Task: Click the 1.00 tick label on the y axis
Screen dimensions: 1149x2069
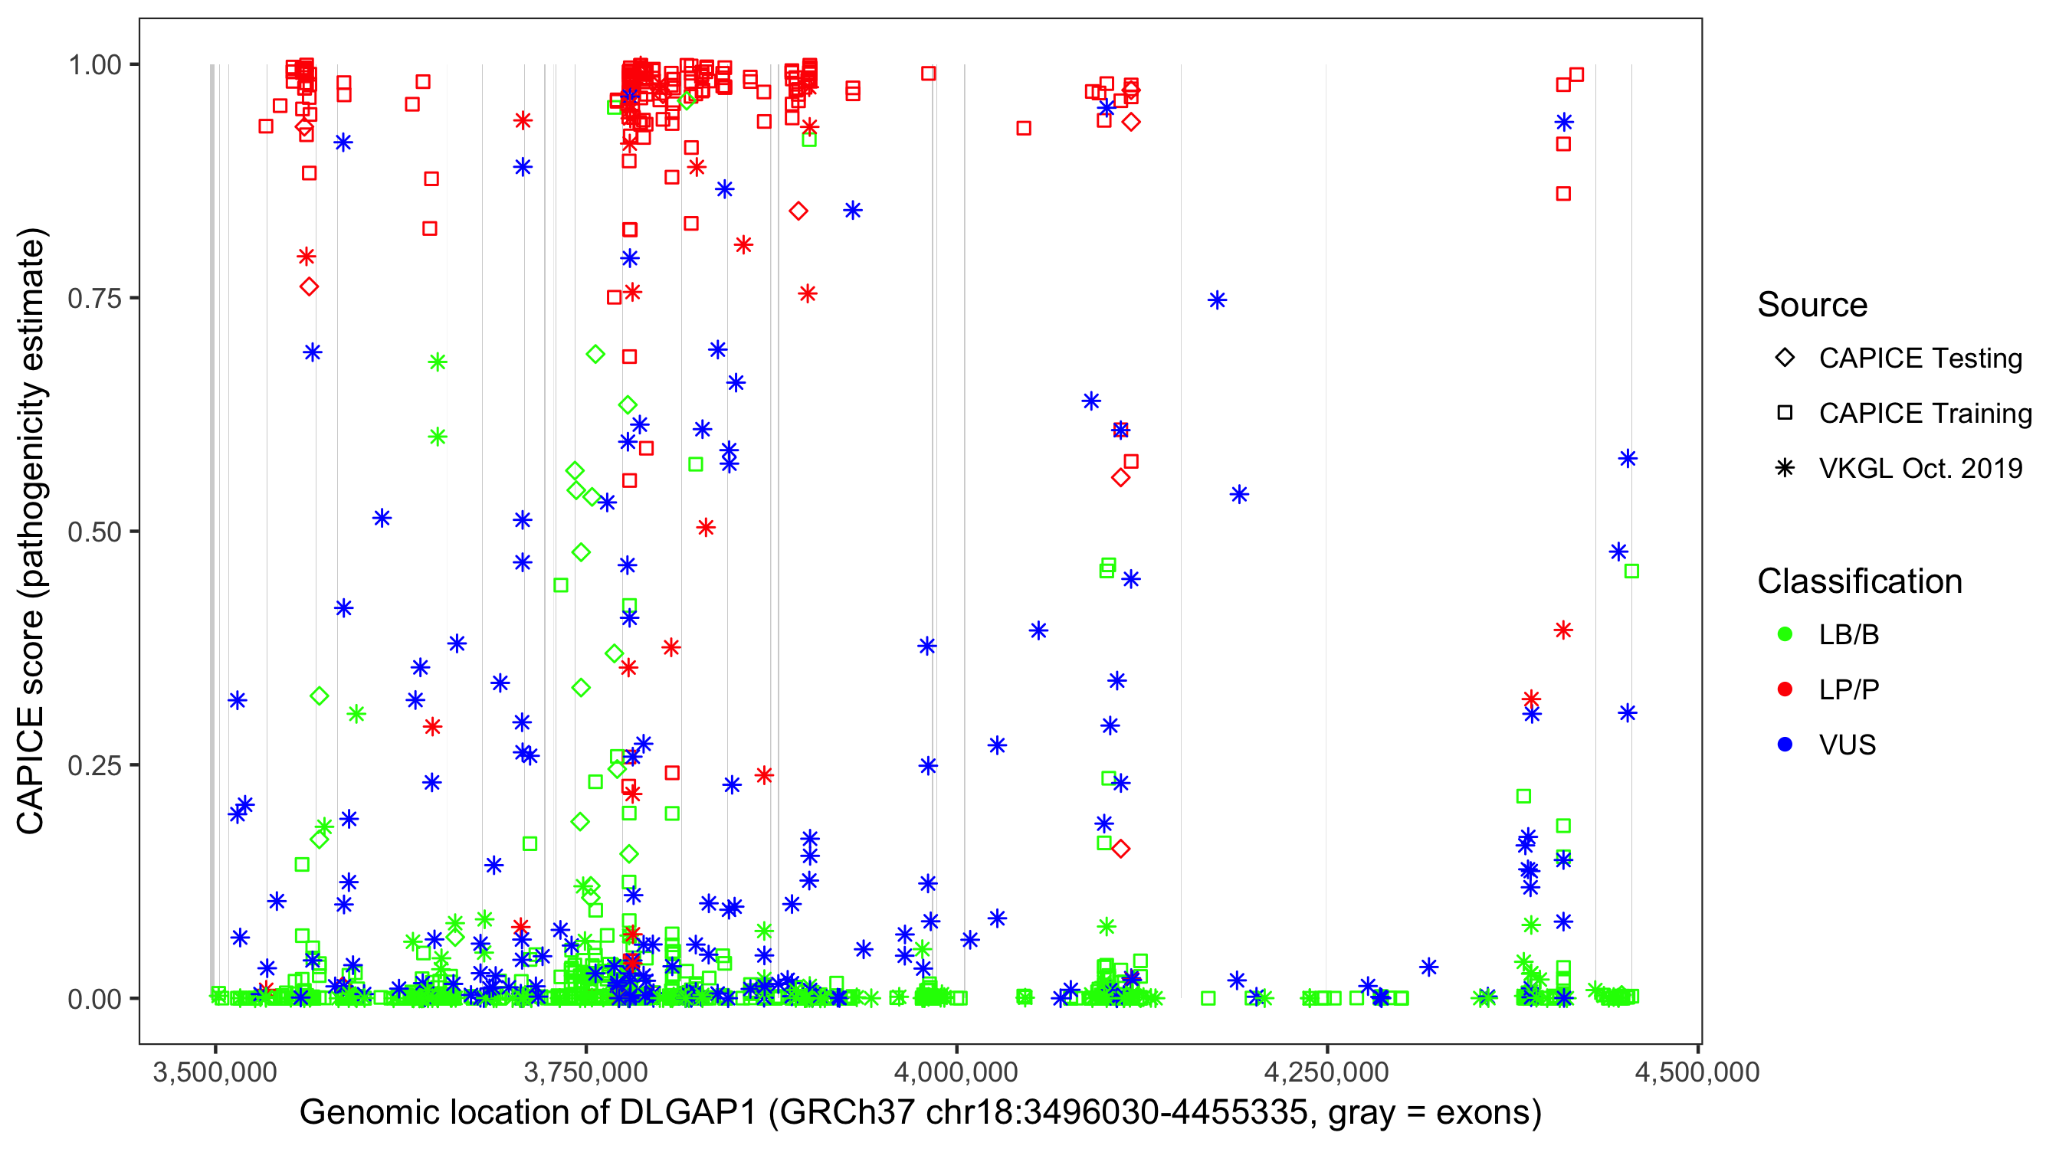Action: tap(94, 65)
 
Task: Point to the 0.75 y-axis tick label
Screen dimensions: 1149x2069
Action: tap(94, 299)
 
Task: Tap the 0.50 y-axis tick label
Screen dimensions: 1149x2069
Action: tap(94, 532)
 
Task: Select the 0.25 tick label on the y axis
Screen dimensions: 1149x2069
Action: tap(94, 765)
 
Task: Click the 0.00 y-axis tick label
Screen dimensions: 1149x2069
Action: tap(94, 999)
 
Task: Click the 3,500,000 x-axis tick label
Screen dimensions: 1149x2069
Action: tap(215, 1072)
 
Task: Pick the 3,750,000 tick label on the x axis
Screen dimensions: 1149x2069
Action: tap(585, 1072)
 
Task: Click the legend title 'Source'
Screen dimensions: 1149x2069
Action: tap(1812, 305)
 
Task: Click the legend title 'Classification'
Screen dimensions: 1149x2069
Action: tap(1859, 581)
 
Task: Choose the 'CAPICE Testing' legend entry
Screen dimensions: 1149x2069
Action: tap(1920, 358)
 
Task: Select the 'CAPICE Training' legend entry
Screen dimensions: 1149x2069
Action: tap(1924, 414)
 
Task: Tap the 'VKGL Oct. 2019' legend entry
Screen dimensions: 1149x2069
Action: tap(1920, 469)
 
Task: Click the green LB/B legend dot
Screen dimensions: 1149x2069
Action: tap(1785, 635)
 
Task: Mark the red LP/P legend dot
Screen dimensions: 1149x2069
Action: tap(1785, 689)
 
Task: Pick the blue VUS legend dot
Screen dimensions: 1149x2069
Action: tap(1785, 745)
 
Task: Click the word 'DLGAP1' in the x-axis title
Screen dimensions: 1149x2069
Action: tap(687, 1113)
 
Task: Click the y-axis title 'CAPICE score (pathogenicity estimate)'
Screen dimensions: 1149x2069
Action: tap(32, 532)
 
